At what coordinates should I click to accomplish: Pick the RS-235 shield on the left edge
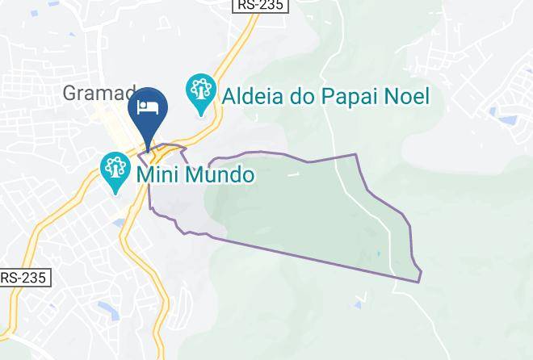click(24, 277)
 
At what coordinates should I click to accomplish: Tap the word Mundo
click(223, 174)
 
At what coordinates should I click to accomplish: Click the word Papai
click(351, 97)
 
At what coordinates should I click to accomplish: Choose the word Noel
click(408, 97)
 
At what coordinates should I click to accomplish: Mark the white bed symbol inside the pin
click(148, 108)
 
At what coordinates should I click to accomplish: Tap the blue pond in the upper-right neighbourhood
click(509, 120)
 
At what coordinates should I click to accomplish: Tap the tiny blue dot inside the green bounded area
click(378, 253)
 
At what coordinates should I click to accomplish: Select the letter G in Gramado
click(70, 94)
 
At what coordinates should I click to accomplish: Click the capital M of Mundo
click(199, 174)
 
